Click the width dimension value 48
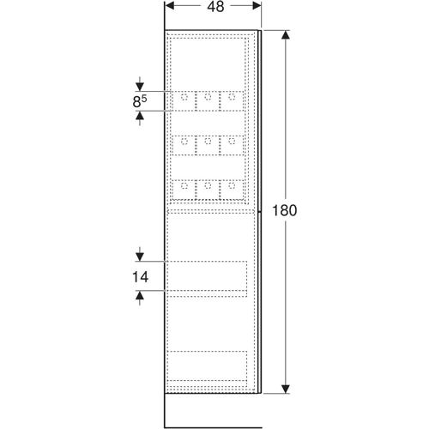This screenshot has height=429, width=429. tap(215, 7)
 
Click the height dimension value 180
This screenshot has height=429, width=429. tap(285, 210)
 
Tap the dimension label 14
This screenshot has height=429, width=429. tap(140, 277)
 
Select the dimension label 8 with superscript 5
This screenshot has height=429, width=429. tap(140, 101)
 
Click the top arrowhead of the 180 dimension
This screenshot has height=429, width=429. tap(286, 34)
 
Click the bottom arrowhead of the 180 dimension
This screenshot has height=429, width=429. tap(286, 389)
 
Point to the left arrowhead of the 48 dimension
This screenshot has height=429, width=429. tap(170, 6)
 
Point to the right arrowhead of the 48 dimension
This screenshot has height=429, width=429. tap(257, 6)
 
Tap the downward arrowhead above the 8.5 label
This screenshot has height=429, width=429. tap(140, 87)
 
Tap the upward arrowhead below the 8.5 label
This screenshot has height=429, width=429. tap(140, 115)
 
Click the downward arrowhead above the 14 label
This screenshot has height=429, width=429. tap(140, 257)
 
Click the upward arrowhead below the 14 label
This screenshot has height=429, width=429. tap(140, 295)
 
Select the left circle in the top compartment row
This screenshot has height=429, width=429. tap(184, 97)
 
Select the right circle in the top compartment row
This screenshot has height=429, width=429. tap(232, 97)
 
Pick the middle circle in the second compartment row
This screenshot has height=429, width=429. tap(208, 141)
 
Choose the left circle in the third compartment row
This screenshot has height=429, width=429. tap(184, 185)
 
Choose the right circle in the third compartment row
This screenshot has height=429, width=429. tap(232, 185)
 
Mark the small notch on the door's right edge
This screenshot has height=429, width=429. tap(259, 212)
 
